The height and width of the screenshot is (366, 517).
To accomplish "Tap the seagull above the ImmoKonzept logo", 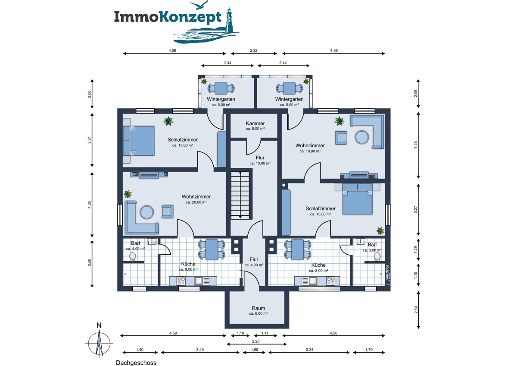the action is tap(199, 5).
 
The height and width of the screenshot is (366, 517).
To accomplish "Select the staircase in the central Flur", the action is tap(240, 195).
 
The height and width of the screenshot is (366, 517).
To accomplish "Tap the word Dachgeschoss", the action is tap(136, 363).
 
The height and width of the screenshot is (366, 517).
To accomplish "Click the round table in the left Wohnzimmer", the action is tap(147, 212).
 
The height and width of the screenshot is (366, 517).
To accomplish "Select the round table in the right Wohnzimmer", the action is tap(362, 137).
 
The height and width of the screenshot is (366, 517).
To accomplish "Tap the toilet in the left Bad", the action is tap(133, 256).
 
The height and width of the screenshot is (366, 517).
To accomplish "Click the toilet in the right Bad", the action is tap(377, 256).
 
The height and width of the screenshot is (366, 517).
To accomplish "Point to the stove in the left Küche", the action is tap(181, 281).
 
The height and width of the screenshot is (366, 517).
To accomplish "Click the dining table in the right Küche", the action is tap(297, 250).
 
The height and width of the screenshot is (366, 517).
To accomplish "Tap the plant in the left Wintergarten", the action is tap(204, 81).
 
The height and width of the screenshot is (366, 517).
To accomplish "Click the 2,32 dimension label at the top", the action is tap(253, 50).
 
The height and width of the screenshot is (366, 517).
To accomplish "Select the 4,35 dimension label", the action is tap(90, 205).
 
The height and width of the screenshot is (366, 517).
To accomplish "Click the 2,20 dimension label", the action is tap(256, 341).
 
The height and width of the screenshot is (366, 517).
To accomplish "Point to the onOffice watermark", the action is tap(387, 274).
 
